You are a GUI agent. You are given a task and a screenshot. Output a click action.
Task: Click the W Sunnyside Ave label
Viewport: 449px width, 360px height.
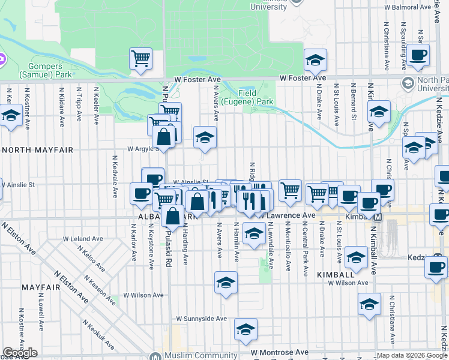(201, 319)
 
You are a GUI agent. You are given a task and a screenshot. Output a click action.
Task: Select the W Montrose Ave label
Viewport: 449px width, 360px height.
(280, 352)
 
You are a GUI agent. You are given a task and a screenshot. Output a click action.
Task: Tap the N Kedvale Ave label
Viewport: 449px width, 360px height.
(115, 177)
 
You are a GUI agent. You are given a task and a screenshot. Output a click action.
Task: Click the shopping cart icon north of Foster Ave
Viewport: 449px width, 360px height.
(140, 59)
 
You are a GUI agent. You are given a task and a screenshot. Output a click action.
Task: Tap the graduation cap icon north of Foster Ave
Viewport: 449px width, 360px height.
(315, 60)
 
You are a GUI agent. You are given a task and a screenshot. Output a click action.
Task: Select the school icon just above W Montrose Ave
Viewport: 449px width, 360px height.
(245, 329)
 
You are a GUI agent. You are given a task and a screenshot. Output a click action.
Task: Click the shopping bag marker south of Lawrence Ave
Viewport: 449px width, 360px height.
(172, 216)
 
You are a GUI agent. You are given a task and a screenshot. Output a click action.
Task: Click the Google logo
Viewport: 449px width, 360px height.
(20, 353)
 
